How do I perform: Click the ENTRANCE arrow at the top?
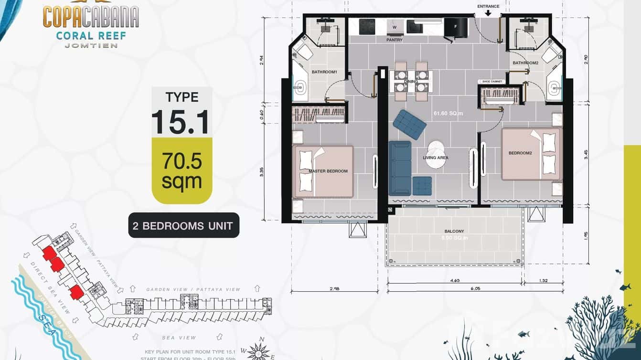[488, 13]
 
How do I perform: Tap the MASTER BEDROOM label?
[328, 171]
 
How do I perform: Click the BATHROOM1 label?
[324, 72]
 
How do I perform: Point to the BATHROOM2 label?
[525, 63]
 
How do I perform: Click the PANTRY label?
[395, 40]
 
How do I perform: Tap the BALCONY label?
[454, 231]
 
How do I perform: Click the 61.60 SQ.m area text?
[448, 113]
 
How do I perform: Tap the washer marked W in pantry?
[395, 27]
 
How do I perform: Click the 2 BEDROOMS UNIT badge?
[183, 225]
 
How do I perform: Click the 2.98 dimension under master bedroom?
[334, 288]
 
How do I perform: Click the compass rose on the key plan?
[259, 351]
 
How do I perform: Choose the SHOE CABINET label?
[491, 82]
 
